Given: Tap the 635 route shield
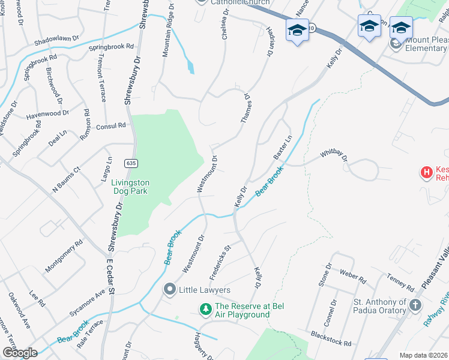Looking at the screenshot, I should [x=130, y=163].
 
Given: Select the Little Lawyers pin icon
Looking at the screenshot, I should [x=169, y=290].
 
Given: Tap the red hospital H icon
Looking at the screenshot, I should [x=426, y=173].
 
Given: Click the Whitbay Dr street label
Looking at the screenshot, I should [x=334, y=155].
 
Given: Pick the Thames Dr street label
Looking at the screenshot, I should [x=246, y=109].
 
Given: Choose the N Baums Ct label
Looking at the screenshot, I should [x=66, y=179].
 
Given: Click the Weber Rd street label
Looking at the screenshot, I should [x=353, y=279].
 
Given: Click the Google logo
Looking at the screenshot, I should [x=20, y=353].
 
